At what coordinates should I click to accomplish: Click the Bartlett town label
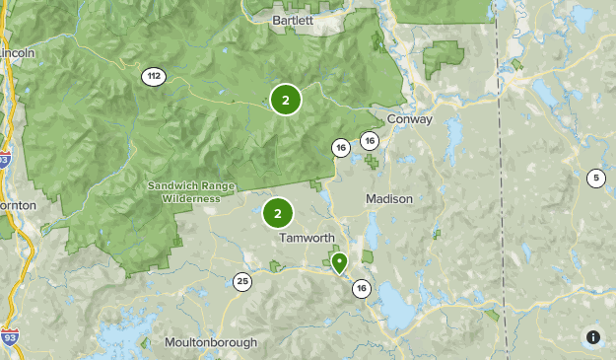click(293, 20)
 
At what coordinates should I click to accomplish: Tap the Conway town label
click(410, 119)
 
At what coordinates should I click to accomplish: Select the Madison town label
click(389, 198)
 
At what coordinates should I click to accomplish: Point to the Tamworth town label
click(307, 239)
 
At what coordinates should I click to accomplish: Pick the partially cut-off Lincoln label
click(17, 52)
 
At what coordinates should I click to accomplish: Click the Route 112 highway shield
click(153, 76)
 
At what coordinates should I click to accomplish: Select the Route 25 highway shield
click(242, 282)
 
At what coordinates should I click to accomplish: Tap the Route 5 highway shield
click(595, 179)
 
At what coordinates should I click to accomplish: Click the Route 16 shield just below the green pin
click(362, 288)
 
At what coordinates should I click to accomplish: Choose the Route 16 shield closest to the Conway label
click(370, 141)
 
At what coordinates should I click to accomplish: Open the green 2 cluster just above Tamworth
click(278, 212)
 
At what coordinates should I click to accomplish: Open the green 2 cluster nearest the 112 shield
click(285, 99)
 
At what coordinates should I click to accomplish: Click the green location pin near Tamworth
click(339, 262)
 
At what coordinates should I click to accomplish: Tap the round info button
click(592, 336)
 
